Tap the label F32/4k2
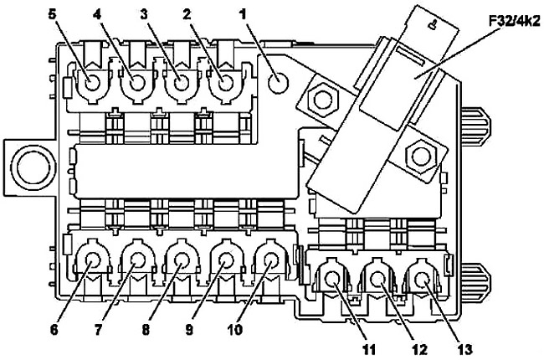(x=515, y=23)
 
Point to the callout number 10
(x=234, y=330)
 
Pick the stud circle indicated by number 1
(x=278, y=84)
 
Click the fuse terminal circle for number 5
(x=93, y=84)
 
